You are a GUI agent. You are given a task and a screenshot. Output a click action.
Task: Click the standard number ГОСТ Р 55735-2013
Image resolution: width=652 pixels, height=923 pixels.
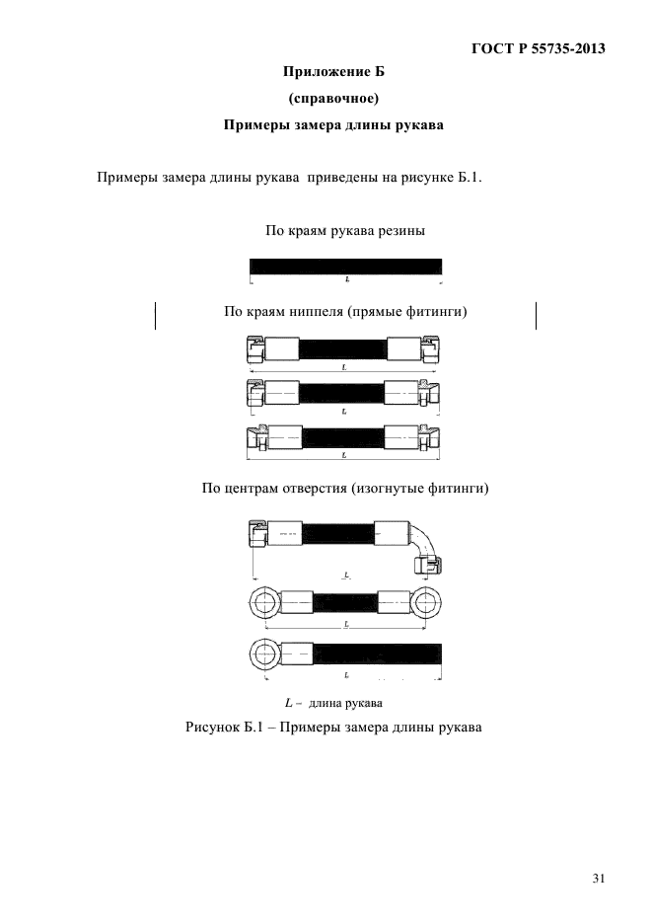click(538, 48)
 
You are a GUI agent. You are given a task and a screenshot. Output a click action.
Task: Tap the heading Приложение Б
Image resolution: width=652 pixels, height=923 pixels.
click(333, 72)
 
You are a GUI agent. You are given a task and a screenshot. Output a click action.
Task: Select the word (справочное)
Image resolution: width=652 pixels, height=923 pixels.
click(333, 99)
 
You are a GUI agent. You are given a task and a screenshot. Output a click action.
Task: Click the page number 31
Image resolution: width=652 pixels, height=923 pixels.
click(599, 879)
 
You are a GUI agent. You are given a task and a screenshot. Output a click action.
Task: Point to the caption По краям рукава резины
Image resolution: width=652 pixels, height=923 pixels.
click(345, 230)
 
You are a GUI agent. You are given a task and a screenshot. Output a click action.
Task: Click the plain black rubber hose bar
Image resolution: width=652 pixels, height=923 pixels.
click(345, 267)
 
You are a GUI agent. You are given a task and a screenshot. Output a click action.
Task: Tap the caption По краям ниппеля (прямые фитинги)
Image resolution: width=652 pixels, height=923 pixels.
click(345, 311)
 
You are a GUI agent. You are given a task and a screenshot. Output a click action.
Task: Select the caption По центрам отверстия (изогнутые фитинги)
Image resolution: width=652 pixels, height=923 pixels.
click(345, 488)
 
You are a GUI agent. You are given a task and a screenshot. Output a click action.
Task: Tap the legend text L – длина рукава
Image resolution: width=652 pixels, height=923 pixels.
click(333, 703)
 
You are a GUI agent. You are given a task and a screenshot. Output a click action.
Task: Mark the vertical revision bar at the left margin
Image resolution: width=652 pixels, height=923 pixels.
click(155, 316)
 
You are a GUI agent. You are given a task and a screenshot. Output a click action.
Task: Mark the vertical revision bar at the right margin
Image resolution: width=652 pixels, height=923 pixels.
click(537, 316)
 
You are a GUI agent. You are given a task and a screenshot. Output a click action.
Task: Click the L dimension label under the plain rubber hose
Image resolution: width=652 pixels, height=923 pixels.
click(347, 279)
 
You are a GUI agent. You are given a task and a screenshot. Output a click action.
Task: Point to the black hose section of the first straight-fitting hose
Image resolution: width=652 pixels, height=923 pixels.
click(344, 349)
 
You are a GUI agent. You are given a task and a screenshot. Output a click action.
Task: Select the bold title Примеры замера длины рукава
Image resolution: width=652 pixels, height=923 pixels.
click(333, 124)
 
